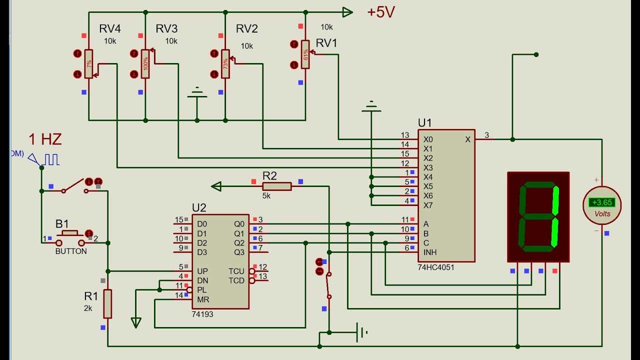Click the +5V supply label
point(381,12)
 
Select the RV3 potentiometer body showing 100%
point(145,63)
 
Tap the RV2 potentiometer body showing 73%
point(225,64)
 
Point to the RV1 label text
point(326,43)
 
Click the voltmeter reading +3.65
point(601,202)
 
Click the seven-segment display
point(538,216)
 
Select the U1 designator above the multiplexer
point(424,123)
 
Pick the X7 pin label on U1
point(428,205)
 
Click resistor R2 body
point(276,186)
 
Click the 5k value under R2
point(266,196)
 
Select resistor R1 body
point(107,303)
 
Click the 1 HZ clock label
point(45,139)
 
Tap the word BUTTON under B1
point(71,251)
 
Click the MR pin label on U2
point(202,299)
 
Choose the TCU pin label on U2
point(236,271)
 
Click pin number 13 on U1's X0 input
point(405,135)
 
